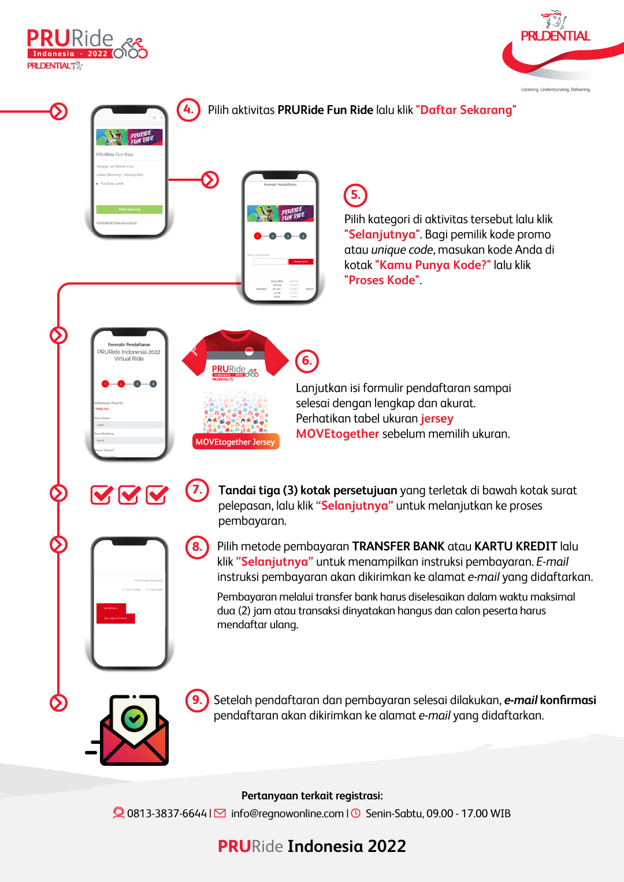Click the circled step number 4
coord(188,109)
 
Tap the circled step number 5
coord(355,195)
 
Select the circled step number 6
coord(307,361)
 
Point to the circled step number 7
coord(197,490)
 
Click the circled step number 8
coord(197,547)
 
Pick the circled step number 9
coord(197,700)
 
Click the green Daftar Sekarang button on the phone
coord(129,209)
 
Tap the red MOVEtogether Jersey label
coord(235,442)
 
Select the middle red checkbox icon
coord(129,495)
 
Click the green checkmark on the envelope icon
coord(134,718)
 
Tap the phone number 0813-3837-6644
coord(166,813)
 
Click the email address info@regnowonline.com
coord(287,813)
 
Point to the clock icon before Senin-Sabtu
coord(356,813)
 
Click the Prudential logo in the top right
coord(555,36)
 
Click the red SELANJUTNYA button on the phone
coord(116,618)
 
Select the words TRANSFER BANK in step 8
coord(398,547)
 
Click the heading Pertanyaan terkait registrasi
coord(312,796)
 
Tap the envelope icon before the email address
coord(220,813)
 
